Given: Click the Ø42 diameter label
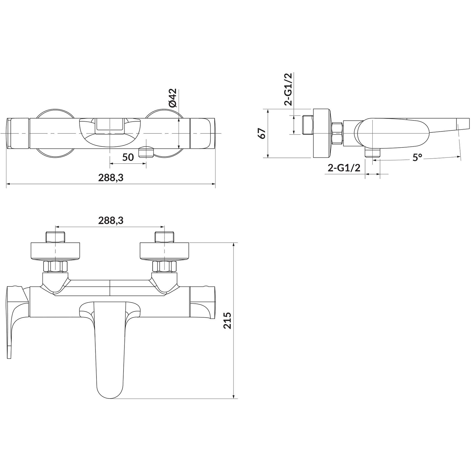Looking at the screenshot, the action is pos(173,98).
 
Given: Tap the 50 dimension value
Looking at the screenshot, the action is pos(128,157).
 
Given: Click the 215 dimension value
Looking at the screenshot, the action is pos(227,321).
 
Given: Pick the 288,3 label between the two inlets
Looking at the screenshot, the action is pos(111,220).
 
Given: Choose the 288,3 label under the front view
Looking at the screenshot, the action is pos(111,178).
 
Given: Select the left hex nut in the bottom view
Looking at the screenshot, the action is pos(55,266).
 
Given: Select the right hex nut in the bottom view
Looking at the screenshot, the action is pos(164,266).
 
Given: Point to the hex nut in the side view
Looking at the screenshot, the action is pos(338,133).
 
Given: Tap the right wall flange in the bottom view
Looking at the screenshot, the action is pos(164,251).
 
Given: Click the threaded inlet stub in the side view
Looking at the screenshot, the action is pos(308,125).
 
